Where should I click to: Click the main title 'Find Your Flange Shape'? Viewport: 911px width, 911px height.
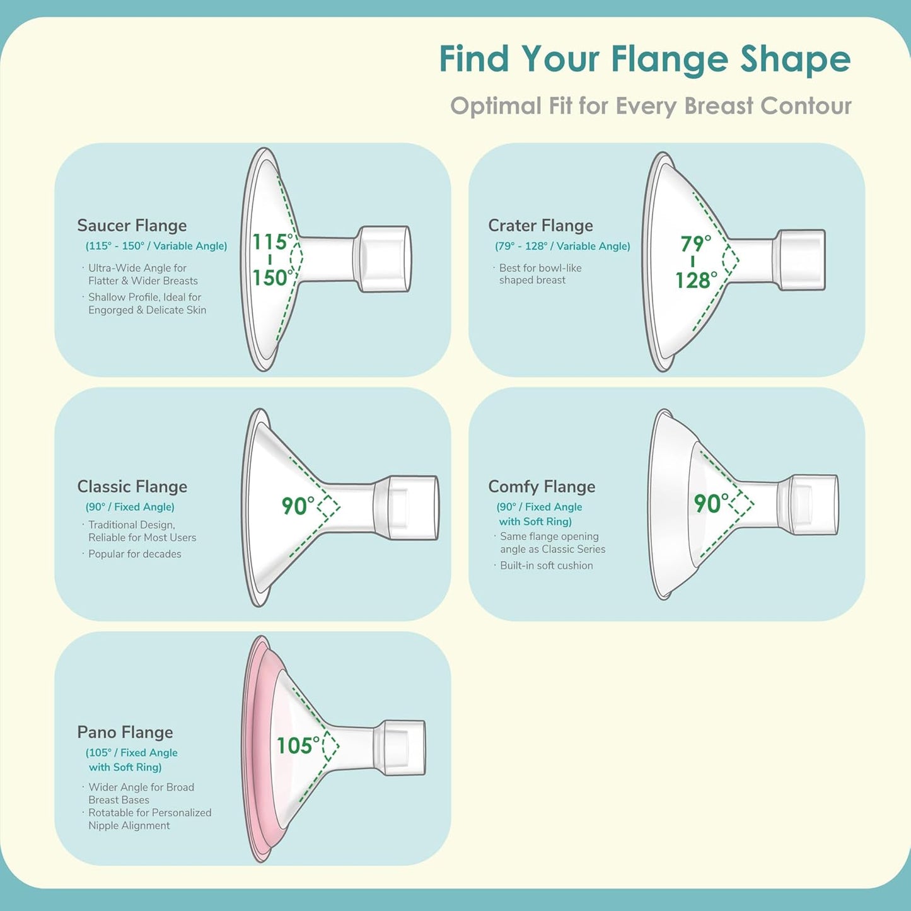644,59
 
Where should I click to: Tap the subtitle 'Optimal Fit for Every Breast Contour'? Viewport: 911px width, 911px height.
651,106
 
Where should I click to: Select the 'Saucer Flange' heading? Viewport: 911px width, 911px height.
132,226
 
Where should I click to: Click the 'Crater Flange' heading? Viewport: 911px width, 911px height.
540,226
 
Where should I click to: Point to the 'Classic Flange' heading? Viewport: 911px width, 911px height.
132,487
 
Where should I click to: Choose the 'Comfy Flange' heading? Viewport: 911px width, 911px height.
542,487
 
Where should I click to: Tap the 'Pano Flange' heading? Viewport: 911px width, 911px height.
125,732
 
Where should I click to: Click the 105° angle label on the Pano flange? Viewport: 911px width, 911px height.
298,746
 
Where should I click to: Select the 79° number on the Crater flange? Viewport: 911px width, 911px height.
695,243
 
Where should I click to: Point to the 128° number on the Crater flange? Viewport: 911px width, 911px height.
696,280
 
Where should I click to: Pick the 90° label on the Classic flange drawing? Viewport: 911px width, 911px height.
298,506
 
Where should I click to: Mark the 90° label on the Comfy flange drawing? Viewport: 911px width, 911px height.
711,503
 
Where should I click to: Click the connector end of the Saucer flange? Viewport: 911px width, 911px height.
384,259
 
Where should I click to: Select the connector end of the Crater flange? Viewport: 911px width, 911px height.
801,260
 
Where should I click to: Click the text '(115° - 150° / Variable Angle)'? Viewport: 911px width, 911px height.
156,246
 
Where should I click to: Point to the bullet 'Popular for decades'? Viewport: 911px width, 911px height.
134,554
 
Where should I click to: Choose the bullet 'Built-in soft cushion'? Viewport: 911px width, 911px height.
546,566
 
